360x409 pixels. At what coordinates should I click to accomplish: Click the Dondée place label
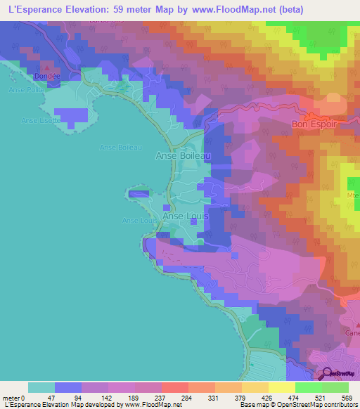[46, 75]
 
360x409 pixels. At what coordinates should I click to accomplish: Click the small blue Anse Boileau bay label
[122, 147]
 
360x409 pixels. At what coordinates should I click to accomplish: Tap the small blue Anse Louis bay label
[139, 220]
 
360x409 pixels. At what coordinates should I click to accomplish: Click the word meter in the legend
[11, 397]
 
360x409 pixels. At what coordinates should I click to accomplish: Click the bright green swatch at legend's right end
[335, 387]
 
